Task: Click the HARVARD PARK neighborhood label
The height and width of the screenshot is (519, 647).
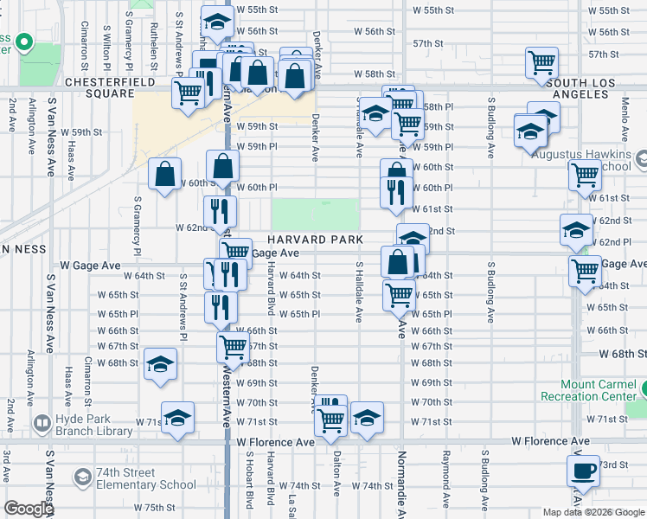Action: tap(312, 239)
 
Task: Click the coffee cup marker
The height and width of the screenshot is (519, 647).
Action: tap(582, 472)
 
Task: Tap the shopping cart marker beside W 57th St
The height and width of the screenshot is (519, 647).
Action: tap(541, 61)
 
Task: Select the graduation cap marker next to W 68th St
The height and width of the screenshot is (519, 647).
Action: tap(160, 365)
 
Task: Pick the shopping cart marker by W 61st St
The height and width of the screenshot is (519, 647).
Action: tap(585, 175)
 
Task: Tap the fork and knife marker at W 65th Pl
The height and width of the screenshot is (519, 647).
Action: tap(221, 306)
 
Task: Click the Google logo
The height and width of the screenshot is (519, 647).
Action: tap(29, 509)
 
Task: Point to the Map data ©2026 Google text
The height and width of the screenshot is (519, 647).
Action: tap(593, 512)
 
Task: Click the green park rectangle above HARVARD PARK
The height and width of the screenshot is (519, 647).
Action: tap(316, 214)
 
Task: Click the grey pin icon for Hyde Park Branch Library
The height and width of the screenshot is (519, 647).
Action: tap(41, 423)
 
